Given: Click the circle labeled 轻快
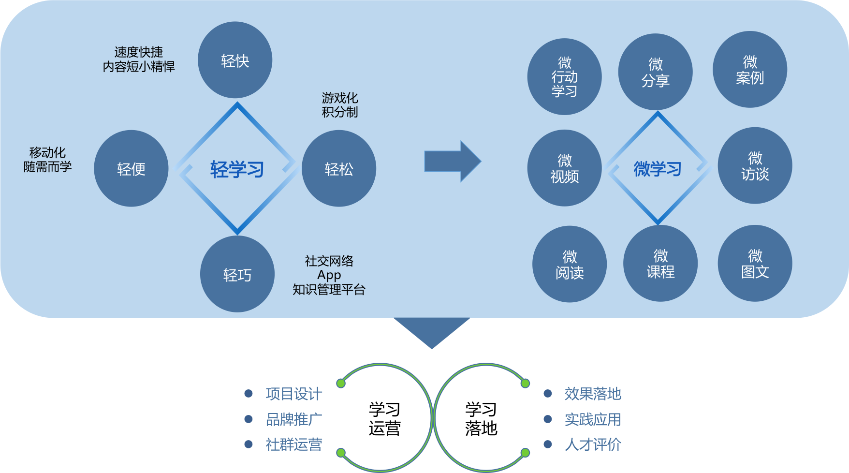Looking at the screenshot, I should [235, 60].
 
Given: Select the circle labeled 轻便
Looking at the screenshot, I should [131, 168].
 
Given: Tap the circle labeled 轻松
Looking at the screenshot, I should [339, 168].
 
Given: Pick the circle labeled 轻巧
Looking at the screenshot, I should [237, 274].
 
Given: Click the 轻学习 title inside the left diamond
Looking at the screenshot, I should [237, 169].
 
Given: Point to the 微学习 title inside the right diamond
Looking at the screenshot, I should [658, 169].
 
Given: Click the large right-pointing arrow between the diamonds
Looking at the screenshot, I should [452, 161].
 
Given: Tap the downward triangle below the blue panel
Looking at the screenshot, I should [432, 330].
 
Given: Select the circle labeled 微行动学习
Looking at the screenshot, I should [564, 76].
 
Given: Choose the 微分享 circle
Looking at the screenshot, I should [655, 72].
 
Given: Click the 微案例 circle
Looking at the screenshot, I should [750, 69].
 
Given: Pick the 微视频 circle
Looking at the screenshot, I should [564, 168].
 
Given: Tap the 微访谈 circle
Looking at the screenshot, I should [755, 165].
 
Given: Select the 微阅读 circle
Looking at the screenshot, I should [570, 264].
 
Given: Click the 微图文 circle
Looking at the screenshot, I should [755, 263].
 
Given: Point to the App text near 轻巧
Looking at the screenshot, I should [329, 275].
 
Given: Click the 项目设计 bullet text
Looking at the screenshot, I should [293, 394].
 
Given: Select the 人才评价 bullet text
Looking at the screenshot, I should [593, 444].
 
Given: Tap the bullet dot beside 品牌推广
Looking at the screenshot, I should [249, 419].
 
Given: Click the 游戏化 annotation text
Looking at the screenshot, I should [340, 98].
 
